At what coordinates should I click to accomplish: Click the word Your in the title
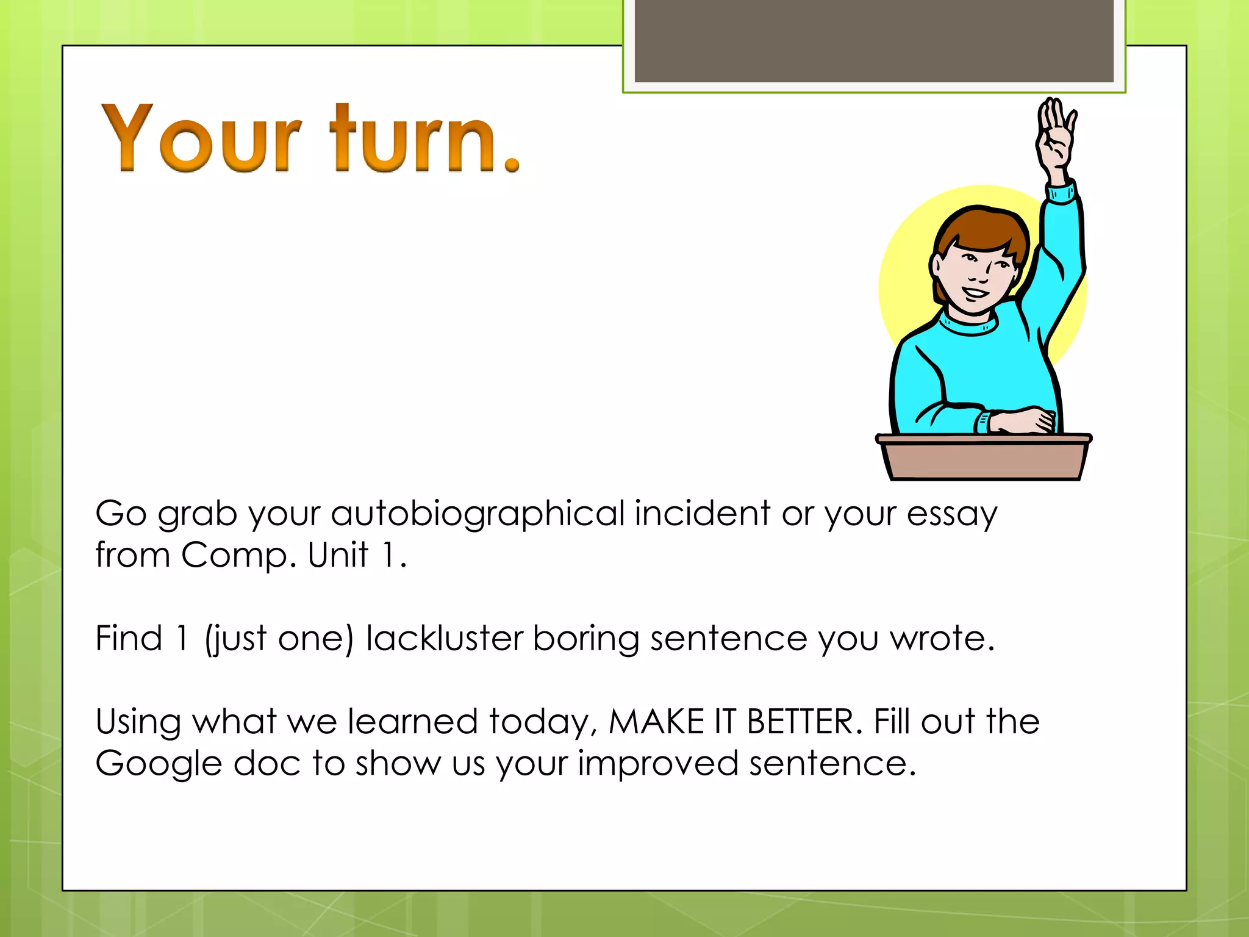coord(201,139)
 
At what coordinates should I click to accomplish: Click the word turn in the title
coord(413,139)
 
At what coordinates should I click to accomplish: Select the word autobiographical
coord(478,514)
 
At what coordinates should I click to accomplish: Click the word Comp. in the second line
coord(238,555)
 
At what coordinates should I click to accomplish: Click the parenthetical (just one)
coord(279,639)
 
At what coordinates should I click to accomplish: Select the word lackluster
coord(445,638)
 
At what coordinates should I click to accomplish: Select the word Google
coord(159,764)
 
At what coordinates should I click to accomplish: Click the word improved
coord(658,764)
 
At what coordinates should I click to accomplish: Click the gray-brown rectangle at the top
coord(873,40)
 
